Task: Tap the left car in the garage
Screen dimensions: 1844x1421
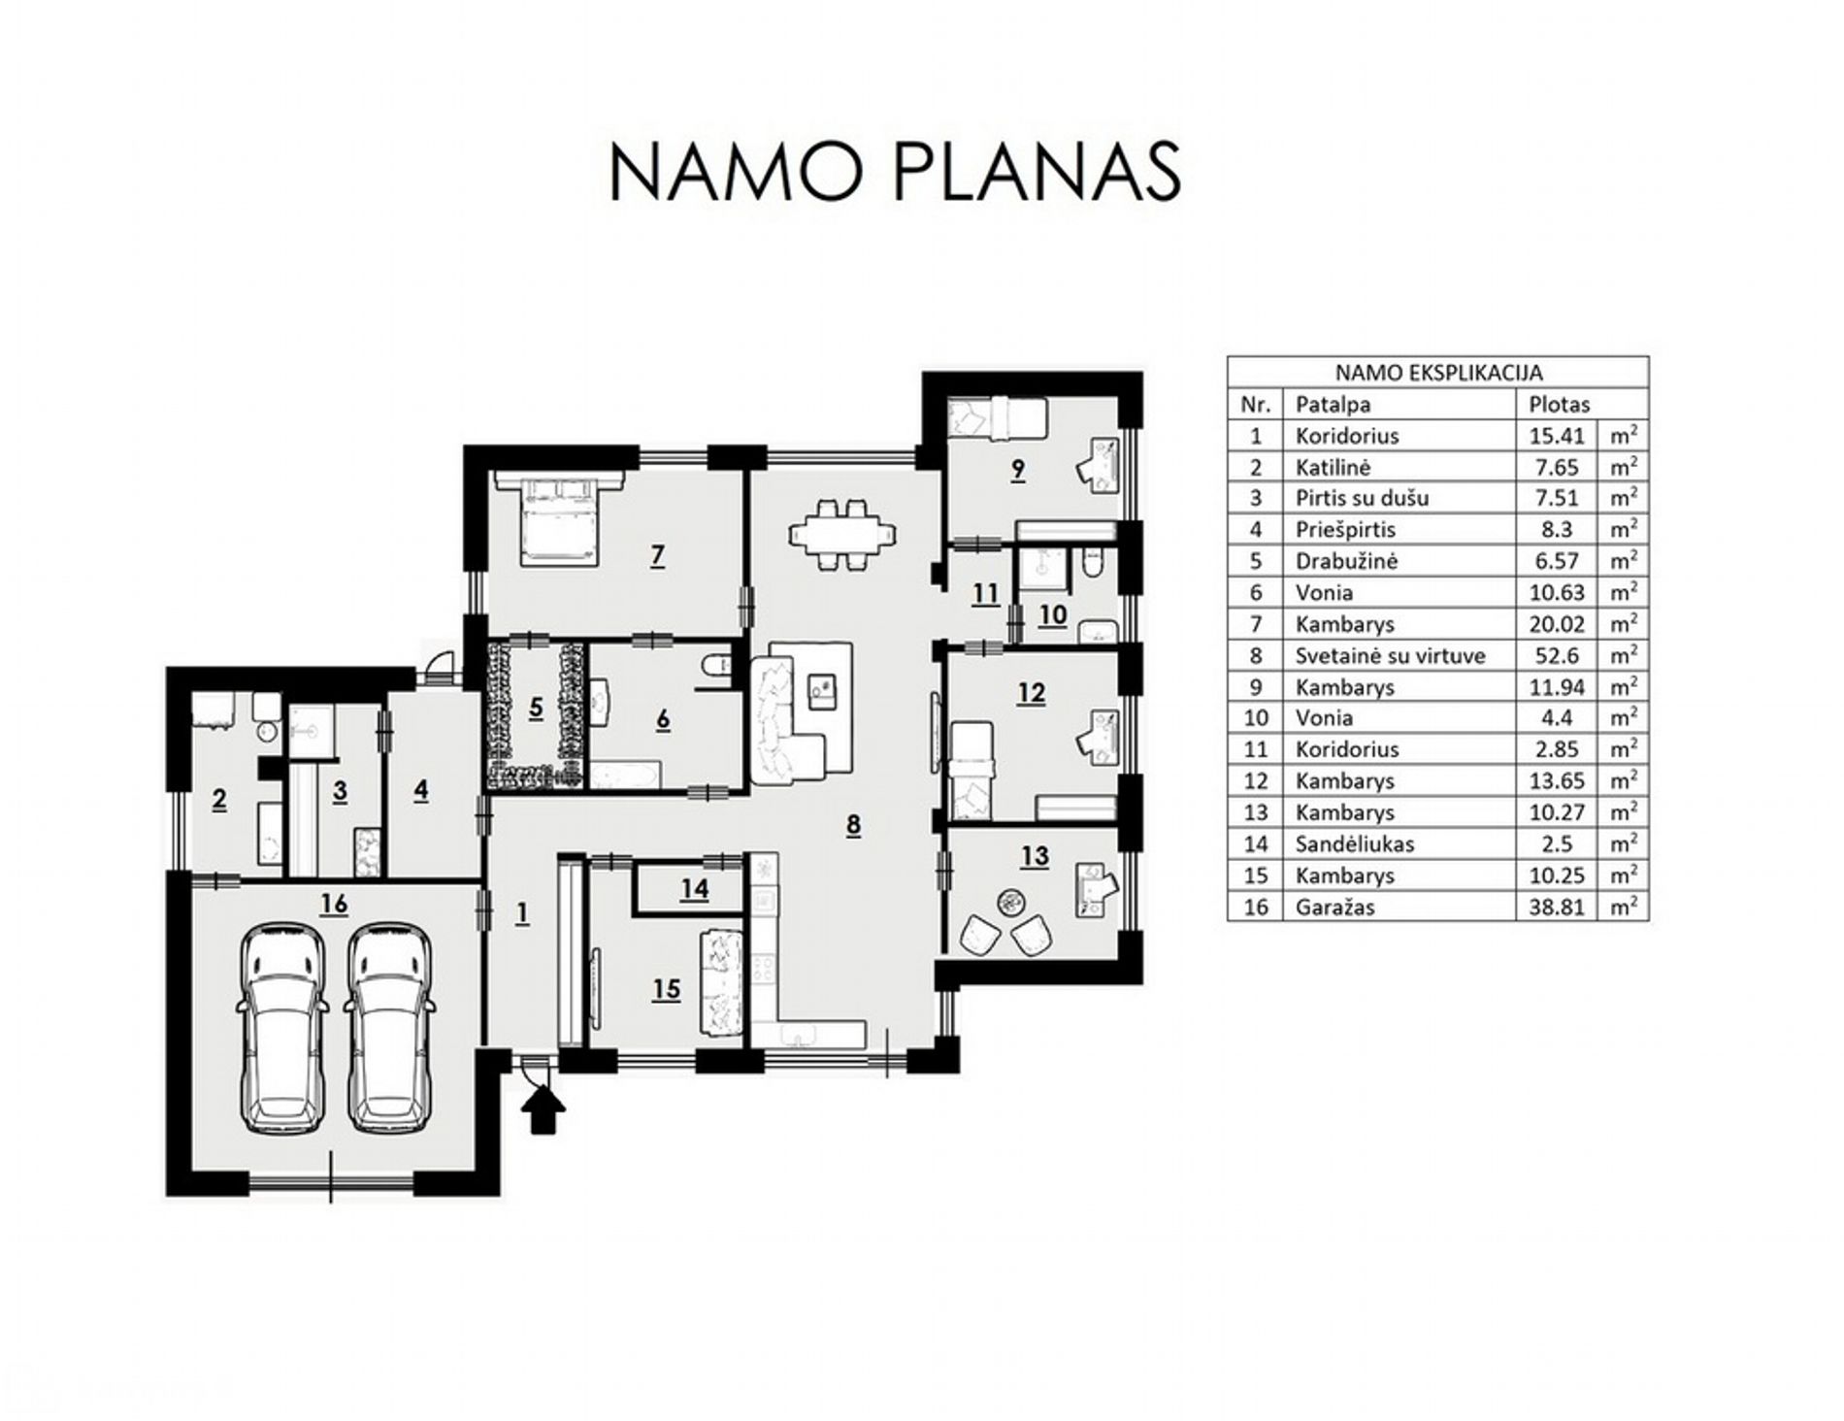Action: (281, 1028)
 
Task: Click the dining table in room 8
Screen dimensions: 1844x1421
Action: (841, 534)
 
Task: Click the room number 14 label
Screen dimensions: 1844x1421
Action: (694, 889)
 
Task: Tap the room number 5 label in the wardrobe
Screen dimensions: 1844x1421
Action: (536, 708)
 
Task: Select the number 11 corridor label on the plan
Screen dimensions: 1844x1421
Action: (985, 593)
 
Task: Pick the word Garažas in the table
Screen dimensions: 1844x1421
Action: (1334, 908)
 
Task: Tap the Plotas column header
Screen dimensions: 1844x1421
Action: (1560, 404)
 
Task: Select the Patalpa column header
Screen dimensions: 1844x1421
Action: (1333, 404)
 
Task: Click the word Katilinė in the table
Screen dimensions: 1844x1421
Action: (1333, 467)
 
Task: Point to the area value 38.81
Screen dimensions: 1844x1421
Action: (1557, 908)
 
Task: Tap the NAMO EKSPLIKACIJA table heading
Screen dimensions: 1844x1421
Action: (1438, 372)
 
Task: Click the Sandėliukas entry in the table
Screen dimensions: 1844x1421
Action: (1354, 844)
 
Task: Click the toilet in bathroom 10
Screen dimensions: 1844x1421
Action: (1092, 564)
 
